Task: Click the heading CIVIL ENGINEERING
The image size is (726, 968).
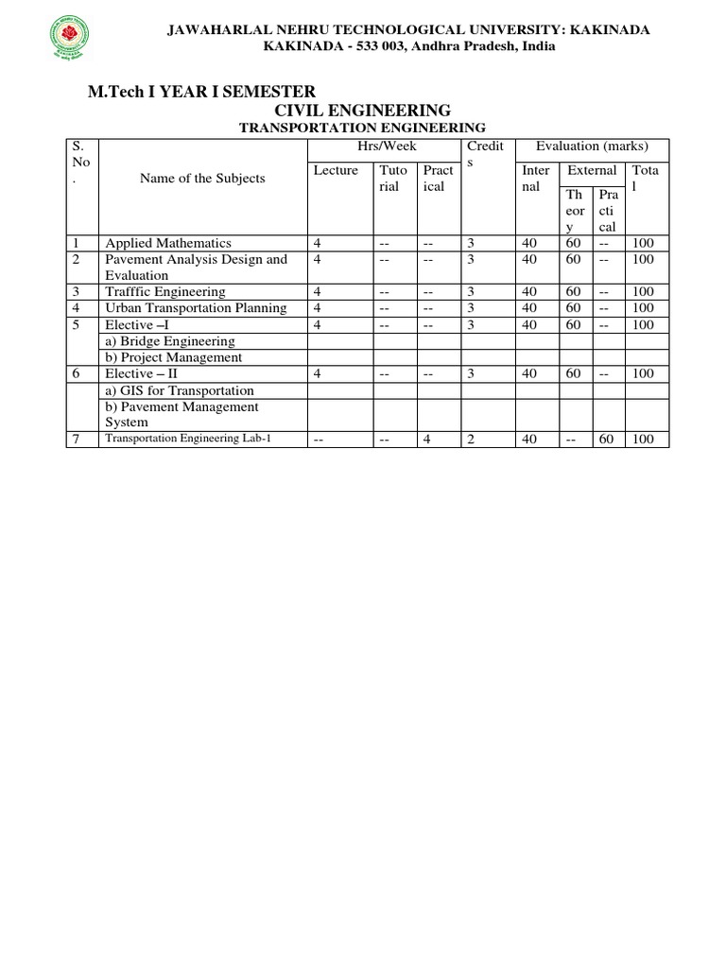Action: tap(362, 111)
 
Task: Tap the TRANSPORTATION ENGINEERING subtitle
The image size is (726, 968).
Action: tap(362, 128)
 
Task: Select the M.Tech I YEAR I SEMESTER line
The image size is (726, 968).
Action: tap(201, 91)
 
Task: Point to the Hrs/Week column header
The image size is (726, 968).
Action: tap(383, 147)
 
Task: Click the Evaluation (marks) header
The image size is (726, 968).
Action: tap(592, 147)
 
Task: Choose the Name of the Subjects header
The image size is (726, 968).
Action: tap(202, 178)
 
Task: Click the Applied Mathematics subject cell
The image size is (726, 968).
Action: tap(168, 243)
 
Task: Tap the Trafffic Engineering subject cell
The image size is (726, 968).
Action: tap(165, 292)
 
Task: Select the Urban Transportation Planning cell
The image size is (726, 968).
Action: tap(196, 308)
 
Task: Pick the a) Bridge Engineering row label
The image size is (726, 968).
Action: tap(170, 341)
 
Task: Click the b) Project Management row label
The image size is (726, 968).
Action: tap(174, 357)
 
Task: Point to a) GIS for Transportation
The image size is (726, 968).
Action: tap(180, 390)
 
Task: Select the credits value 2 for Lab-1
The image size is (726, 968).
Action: tap(470, 440)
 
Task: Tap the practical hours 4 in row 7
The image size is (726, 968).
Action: tap(427, 440)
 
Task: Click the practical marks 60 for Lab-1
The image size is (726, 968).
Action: tap(605, 440)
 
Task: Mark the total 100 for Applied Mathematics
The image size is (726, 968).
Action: tap(644, 243)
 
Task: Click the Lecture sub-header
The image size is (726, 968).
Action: tap(336, 170)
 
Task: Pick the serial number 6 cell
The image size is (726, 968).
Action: tap(77, 374)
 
